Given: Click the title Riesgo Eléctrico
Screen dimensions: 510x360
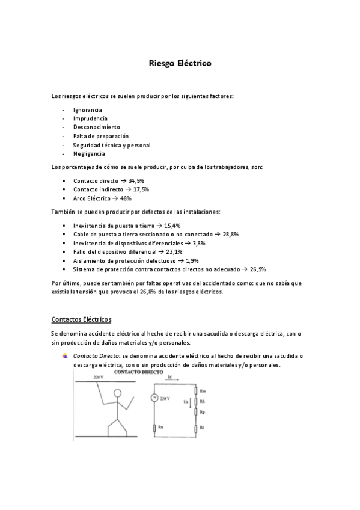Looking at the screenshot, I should point(180,63).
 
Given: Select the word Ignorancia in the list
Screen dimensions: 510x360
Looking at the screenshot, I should point(87,110).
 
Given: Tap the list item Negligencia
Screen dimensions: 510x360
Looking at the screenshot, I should point(89,153).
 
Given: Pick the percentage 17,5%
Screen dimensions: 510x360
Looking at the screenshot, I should point(141,189).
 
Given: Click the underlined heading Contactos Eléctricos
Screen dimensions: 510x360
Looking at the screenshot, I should point(82,319).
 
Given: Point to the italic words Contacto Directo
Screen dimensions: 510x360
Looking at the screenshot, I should point(95,356).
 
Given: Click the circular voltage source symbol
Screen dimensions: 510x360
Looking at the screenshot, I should point(154,398).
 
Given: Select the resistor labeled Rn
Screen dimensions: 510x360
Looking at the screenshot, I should point(155,428).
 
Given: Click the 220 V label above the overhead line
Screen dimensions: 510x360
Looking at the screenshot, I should point(99,377).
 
